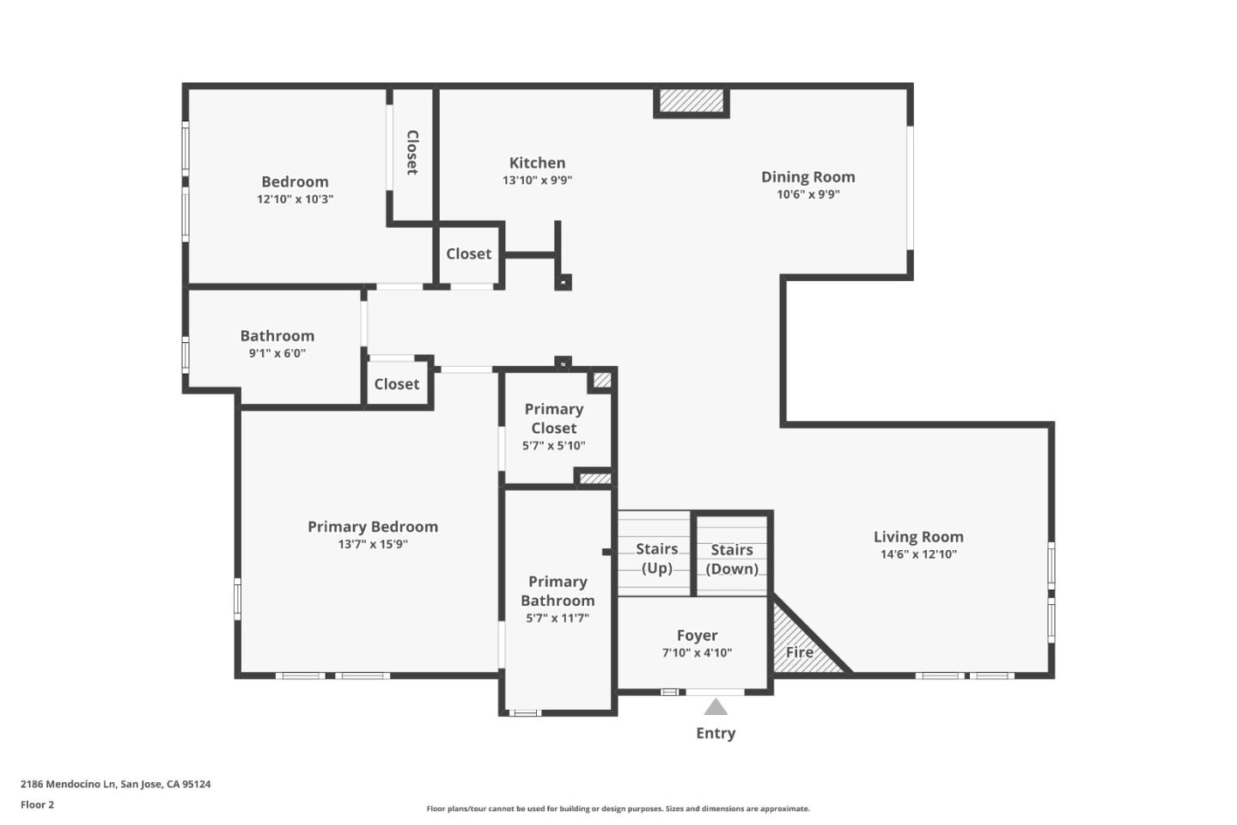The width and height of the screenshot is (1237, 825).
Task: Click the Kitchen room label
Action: click(x=537, y=163)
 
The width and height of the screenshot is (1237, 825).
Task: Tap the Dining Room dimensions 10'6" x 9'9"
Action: click(x=807, y=195)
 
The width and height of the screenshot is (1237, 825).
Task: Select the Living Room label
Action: click(x=918, y=537)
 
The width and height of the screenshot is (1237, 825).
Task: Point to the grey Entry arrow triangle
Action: click(x=716, y=707)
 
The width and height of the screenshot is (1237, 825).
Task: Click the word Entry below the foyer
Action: click(x=716, y=733)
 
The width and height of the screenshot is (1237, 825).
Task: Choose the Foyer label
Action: click(x=697, y=636)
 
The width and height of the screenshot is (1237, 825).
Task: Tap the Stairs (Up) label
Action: click(x=657, y=559)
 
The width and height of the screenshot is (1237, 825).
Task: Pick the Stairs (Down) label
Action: click(x=732, y=559)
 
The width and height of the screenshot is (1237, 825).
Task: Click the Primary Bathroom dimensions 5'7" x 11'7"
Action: click(x=558, y=619)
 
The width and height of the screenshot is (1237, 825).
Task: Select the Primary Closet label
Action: click(x=554, y=419)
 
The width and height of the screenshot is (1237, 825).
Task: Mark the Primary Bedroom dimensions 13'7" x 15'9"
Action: click(x=373, y=545)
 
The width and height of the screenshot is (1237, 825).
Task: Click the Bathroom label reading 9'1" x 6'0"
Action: click(x=277, y=353)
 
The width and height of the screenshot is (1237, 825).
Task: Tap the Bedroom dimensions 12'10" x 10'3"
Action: click(x=295, y=199)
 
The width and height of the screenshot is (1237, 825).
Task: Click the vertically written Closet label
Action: click(x=412, y=153)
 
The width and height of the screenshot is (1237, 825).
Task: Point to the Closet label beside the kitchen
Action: click(x=468, y=254)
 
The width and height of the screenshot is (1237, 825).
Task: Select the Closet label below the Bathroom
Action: click(x=396, y=385)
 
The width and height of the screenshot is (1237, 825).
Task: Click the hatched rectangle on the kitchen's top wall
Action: click(x=692, y=101)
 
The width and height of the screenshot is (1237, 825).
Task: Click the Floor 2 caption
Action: click(x=37, y=805)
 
